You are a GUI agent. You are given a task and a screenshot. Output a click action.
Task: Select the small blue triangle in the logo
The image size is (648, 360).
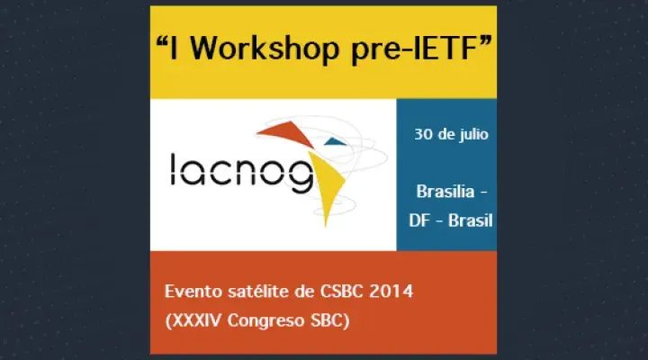coord(334,140)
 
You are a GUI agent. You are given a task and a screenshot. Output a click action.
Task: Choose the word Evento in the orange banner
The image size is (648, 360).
coord(191,292)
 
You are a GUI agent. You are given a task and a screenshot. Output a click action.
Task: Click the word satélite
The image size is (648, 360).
coord(255,292)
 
